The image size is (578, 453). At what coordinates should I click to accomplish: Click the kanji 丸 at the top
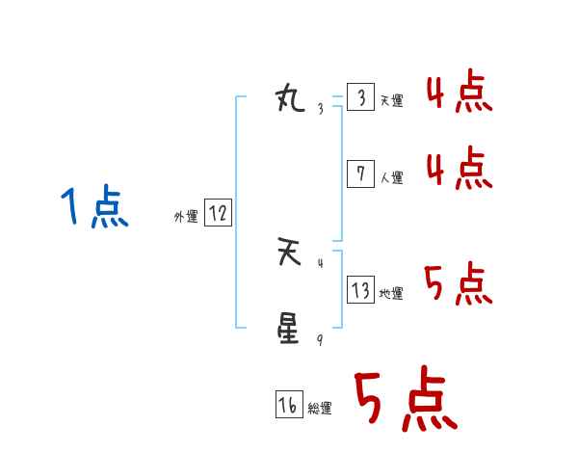click(x=289, y=98)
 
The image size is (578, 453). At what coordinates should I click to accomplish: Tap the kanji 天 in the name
click(x=289, y=253)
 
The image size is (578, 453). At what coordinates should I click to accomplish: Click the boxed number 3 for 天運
click(x=360, y=98)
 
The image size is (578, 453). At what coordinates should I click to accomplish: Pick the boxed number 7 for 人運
click(x=360, y=174)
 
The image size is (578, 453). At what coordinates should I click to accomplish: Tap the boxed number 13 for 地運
click(x=360, y=290)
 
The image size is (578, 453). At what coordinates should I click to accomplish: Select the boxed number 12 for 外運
click(x=218, y=214)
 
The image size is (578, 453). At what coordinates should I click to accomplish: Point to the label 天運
click(x=390, y=101)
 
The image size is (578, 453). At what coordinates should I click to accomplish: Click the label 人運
click(x=391, y=178)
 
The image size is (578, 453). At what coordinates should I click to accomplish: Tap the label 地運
click(x=391, y=294)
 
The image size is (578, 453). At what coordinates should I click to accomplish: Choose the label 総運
click(x=320, y=410)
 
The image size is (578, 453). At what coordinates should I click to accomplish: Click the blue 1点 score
click(x=93, y=208)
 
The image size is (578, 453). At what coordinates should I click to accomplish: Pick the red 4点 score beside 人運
click(x=460, y=169)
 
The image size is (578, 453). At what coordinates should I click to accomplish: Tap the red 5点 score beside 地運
click(x=460, y=284)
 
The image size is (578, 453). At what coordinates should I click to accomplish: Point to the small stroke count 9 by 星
click(x=320, y=340)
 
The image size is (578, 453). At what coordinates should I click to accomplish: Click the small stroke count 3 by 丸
click(x=320, y=108)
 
